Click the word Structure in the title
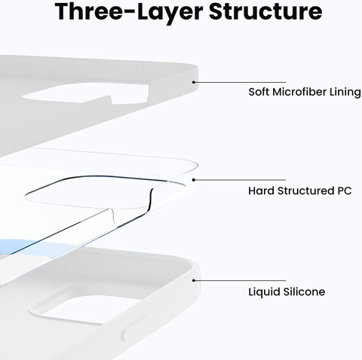pos(265,11)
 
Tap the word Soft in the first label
pos(259,92)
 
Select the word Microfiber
pos(299,92)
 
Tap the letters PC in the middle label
pos(345,191)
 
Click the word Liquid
pos(264,292)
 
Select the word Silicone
pos(304,291)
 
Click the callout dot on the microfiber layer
pos(194,82)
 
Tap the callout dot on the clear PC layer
pos(194,180)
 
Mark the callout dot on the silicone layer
pos(194,280)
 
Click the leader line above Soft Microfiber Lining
pos(240,82)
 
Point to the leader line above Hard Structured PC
pos(240,180)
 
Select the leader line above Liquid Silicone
pos(240,280)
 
